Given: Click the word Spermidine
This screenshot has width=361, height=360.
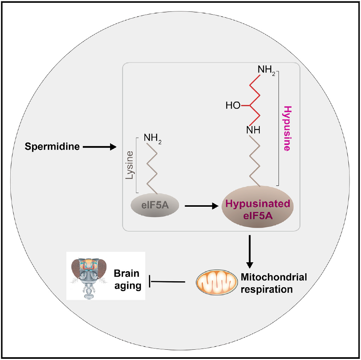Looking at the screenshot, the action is [x=52, y=147].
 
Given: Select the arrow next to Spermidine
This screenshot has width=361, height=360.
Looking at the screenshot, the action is [x=99, y=147].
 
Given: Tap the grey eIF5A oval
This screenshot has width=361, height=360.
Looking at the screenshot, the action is [x=155, y=205].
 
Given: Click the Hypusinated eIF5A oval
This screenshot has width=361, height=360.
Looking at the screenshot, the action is [x=258, y=207].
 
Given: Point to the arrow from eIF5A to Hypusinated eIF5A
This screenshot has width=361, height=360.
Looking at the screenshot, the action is [x=202, y=206].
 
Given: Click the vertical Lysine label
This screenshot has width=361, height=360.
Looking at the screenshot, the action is [x=130, y=165].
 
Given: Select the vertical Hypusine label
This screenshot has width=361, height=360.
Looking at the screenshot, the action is [x=287, y=128].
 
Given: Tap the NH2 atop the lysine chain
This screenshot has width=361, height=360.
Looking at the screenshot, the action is [x=153, y=138].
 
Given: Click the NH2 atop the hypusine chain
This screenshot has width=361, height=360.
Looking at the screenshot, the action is [x=266, y=70].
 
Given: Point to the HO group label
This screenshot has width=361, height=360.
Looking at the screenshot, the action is [x=233, y=106].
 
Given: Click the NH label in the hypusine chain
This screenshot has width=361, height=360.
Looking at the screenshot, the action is [x=253, y=130].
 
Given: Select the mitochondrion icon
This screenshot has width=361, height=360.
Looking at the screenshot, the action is [x=216, y=282].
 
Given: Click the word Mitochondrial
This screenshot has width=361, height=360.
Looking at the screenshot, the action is [x=274, y=277].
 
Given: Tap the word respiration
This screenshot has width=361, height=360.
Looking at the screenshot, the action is [x=267, y=290].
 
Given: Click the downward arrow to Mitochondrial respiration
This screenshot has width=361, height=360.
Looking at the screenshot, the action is [x=250, y=251].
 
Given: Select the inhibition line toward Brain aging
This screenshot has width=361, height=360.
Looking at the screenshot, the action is [x=167, y=281].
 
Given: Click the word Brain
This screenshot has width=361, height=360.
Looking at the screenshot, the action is [x=127, y=274].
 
